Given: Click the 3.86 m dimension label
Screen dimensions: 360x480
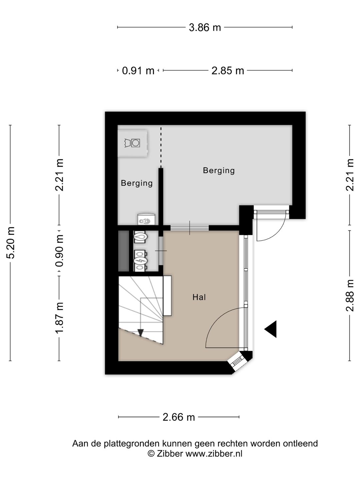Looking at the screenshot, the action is pyautogui.click(x=205, y=28).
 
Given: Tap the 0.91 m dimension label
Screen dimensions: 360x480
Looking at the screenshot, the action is pyautogui.click(x=138, y=71).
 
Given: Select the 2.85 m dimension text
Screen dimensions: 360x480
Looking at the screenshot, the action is pyautogui.click(x=228, y=71).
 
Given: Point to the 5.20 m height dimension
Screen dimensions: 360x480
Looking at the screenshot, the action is pyautogui.click(x=11, y=243).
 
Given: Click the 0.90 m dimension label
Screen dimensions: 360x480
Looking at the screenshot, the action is pyautogui.click(x=59, y=251).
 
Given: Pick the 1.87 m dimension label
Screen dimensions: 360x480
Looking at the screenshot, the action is pyautogui.click(x=59, y=318).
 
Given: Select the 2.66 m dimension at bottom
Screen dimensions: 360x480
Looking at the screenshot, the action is pyautogui.click(x=179, y=417).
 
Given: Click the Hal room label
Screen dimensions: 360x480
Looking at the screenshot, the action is pyautogui.click(x=199, y=297).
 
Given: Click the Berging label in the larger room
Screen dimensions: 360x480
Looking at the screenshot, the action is pyautogui.click(x=219, y=171).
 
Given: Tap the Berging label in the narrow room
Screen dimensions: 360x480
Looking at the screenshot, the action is pyautogui.click(x=137, y=183).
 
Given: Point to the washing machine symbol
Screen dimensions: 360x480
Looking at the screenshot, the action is pyautogui.click(x=132, y=143).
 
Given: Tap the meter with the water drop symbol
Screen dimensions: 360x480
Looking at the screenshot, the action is pyautogui.click(x=141, y=237).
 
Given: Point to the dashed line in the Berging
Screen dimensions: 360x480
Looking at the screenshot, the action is pyautogui.click(x=161, y=148).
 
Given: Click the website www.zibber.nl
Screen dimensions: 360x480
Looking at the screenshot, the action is pyautogui.click(x=214, y=454).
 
